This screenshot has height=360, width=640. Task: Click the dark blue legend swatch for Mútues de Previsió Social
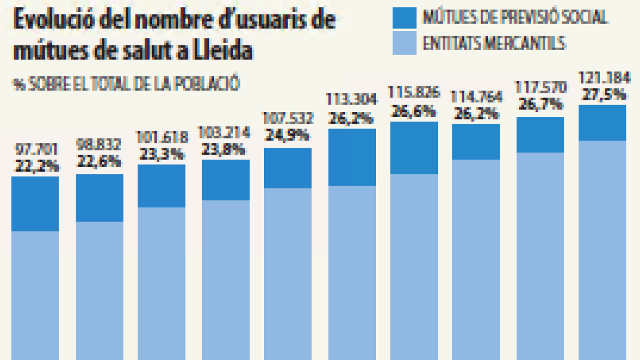tap(404, 18)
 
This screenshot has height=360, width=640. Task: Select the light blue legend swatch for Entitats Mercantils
tap(404, 43)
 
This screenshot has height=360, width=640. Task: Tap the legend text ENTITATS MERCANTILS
tap(494, 43)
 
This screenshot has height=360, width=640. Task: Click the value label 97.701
tap(35, 149)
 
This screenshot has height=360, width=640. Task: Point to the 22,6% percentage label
tap(99, 161)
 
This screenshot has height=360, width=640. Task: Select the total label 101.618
tap(163, 138)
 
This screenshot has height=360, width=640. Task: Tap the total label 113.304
tap(352, 100)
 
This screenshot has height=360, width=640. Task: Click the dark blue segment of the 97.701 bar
tap(35, 204)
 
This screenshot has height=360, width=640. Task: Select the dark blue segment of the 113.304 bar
tap(352, 157)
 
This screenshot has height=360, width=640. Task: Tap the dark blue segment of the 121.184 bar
tap(602, 123)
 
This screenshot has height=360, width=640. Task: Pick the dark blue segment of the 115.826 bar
tap(415, 148)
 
